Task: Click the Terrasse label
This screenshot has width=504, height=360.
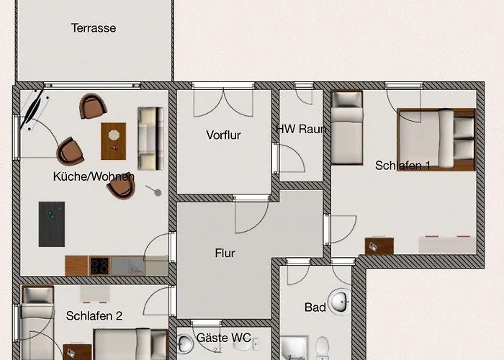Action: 94,28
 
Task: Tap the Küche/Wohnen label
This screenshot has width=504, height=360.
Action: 94,176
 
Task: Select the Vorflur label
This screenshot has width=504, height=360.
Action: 223,135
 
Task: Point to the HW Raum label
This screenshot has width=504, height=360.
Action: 302,130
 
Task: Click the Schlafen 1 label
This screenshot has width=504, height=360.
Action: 402,166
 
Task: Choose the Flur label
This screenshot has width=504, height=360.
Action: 225,253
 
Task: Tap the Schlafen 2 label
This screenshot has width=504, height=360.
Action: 94,315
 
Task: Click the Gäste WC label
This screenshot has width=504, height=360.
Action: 222,337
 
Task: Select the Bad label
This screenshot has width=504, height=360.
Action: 315,307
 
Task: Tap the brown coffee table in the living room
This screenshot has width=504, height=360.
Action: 113,140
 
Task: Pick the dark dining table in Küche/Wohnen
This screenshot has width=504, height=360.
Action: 52,224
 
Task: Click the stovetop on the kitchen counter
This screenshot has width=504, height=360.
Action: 99,265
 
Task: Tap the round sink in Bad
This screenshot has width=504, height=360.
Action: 338,299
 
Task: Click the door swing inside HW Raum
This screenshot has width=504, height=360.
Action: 291,163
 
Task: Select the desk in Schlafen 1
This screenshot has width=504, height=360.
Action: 379,246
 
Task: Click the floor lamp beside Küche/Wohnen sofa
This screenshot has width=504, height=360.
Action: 155,191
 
